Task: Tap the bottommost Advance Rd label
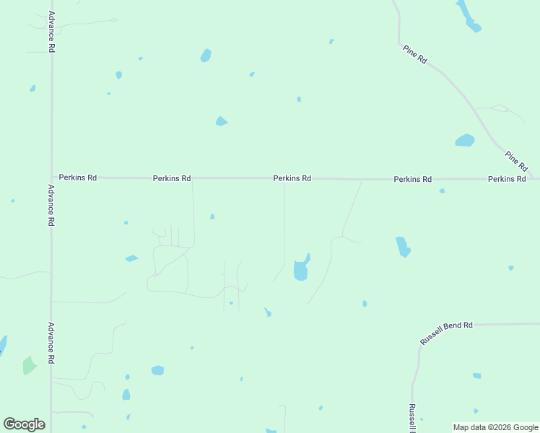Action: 51,343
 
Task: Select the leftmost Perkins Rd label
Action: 78,177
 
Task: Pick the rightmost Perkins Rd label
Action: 507,178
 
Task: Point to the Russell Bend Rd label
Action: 446,333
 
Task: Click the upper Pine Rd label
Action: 415,55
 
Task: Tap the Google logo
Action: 25,424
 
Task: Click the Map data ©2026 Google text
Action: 495,427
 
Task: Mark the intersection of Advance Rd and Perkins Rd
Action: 51,177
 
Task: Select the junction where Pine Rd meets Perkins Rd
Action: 533,178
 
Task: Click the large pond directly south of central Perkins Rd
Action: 301,269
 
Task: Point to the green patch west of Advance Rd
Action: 29,365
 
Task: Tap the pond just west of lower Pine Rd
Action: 465,140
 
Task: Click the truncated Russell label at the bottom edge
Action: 411,418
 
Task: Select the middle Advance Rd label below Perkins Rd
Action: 51,206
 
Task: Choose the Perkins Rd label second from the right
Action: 412,178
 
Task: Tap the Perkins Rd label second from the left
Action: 172,178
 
